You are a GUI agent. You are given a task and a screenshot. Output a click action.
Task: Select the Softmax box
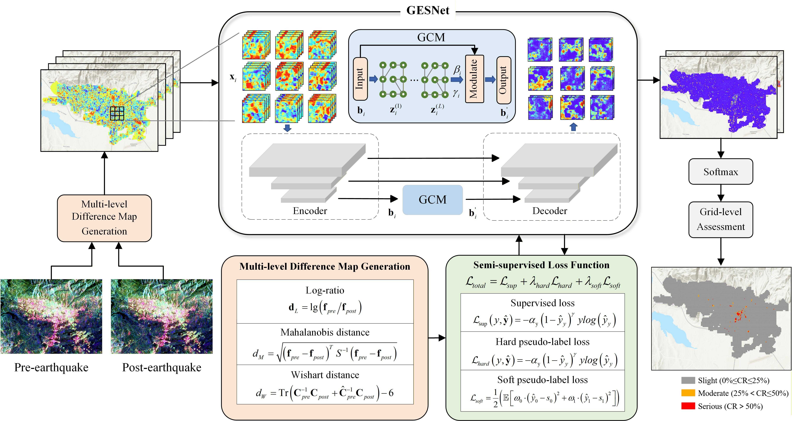[x=720, y=172]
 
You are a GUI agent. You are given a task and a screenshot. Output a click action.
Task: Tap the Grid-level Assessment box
[x=720, y=219]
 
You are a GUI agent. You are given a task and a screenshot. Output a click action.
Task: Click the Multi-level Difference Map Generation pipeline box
[x=104, y=218]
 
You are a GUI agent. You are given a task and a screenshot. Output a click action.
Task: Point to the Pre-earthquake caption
[x=51, y=367]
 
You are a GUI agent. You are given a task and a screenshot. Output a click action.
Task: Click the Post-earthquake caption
[x=162, y=367]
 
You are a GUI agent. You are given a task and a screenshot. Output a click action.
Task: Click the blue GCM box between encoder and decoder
[x=432, y=200]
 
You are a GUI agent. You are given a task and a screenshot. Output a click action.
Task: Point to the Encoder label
[x=310, y=211]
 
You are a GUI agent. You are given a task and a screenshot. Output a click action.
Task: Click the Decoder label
[x=550, y=211]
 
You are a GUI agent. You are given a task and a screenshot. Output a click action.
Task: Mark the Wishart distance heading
[x=325, y=375]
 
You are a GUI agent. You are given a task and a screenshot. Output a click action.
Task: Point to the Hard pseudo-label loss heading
[x=542, y=342]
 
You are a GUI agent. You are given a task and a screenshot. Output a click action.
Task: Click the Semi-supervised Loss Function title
[x=541, y=265]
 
